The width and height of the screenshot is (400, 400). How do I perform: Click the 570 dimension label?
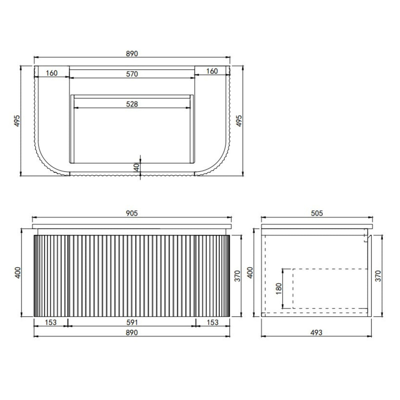click(132, 74)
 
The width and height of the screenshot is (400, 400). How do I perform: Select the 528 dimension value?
click(132, 104)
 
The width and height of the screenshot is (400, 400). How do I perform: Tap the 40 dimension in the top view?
click(137, 167)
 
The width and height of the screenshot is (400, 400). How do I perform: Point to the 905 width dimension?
click(132, 213)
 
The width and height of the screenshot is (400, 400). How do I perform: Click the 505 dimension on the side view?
click(317, 213)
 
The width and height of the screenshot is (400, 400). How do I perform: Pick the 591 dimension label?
click(132, 322)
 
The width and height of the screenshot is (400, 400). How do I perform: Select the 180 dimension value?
click(279, 288)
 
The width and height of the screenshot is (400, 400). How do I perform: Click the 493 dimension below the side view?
click(316, 332)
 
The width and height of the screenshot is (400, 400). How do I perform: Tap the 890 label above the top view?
click(132, 54)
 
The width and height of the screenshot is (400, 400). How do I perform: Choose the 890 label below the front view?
click(132, 333)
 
